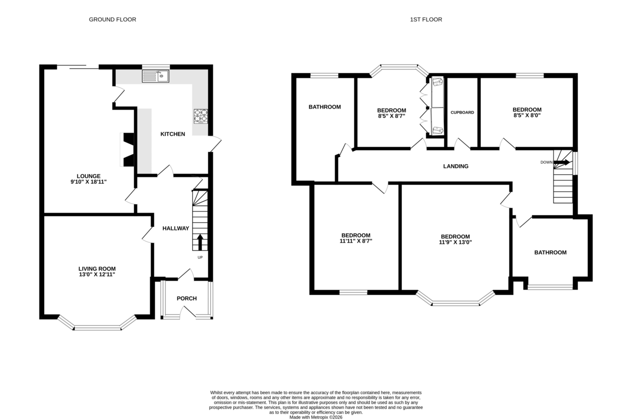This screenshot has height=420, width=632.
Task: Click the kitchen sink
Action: click(x=155, y=76)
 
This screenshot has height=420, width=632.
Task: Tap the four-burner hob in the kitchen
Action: click(x=201, y=116)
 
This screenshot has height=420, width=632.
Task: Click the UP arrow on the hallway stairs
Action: click(x=200, y=242)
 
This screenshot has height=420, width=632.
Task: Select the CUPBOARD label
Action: click(x=462, y=113)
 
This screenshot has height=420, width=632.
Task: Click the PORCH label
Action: click(x=187, y=298)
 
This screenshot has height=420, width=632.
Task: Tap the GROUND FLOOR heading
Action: click(x=113, y=19)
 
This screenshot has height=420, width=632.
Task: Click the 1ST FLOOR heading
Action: click(x=426, y=19)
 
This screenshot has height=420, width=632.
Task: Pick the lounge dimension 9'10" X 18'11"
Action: click(x=88, y=182)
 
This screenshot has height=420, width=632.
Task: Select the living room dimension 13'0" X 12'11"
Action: click(x=97, y=274)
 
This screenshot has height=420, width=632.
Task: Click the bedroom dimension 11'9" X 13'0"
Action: click(x=456, y=242)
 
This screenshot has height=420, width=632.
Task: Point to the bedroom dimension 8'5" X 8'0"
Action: click(x=527, y=115)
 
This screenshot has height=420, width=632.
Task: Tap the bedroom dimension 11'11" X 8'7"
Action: click(x=356, y=241)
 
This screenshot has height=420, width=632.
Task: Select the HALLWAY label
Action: click(x=176, y=228)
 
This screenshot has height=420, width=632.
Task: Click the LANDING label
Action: click(x=456, y=166)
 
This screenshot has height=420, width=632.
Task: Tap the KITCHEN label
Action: click(x=173, y=134)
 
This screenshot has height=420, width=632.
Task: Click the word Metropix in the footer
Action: click(x=320, y=417)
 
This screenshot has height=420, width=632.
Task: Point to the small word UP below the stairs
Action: click(x=200, y=257)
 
